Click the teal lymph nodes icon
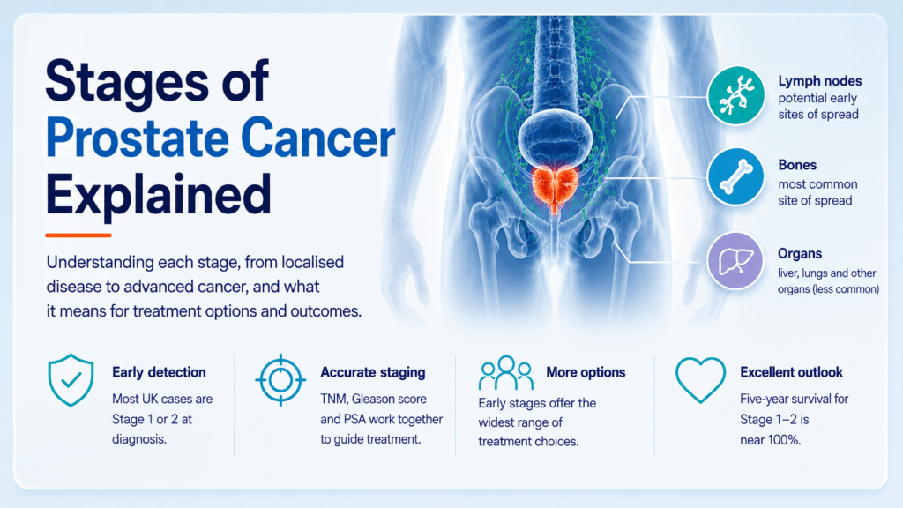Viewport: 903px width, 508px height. coord(735,95)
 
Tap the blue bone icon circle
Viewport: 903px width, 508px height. coord(735,176)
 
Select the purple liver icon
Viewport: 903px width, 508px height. coord(735,261)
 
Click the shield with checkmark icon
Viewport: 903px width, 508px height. coord(71,380)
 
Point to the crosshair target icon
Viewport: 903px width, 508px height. coord(280,380)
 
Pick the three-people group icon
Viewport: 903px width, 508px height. coord(505,373)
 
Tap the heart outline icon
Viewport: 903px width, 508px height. coord(700,379)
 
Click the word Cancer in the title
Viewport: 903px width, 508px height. coord(317,138)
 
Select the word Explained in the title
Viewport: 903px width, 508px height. coord(159,195)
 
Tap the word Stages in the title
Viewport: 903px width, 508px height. coord(127,81)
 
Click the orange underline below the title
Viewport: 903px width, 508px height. coord(78,235)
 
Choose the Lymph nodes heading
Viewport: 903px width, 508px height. coord(819,81)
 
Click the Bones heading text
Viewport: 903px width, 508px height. coord(797,165)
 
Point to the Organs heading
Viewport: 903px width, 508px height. coord(799,253)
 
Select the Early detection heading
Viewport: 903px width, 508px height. coord(159,373)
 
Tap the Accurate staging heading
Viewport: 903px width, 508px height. coord(373,373)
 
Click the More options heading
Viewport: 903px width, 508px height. coord(586,373)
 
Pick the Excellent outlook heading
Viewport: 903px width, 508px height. coord(791,373)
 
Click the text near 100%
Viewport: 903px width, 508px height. coord(771,441)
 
